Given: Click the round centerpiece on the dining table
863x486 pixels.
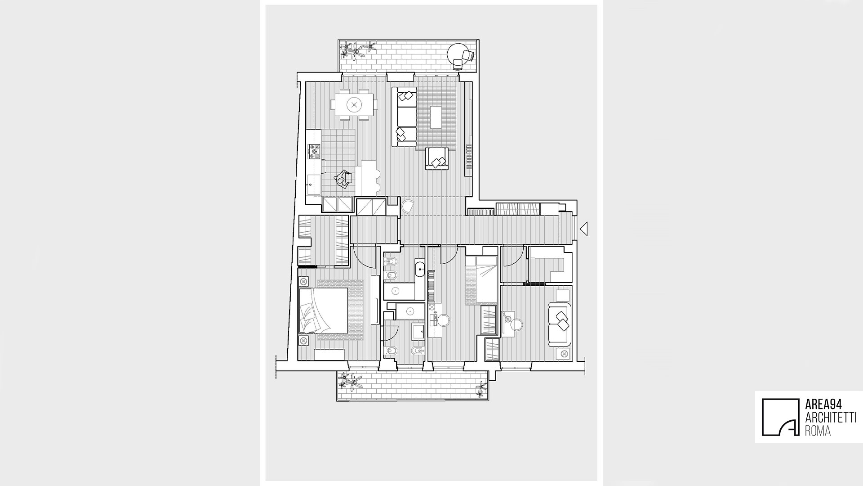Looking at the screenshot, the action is tap(355, 105).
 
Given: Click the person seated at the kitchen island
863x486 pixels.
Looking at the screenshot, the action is tap(343, 180).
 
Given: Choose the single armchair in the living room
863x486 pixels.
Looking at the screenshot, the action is tap(437, 159).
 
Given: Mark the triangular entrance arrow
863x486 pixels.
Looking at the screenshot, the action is tap(583, 229).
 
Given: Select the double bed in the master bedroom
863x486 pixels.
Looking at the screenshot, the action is tap(324, 310).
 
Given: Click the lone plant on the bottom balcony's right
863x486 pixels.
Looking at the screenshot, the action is tap(482, 388).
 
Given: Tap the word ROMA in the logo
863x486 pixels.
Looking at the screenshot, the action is tap(817, 431).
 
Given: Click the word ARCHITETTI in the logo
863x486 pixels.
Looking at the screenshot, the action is tap(830, 418).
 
